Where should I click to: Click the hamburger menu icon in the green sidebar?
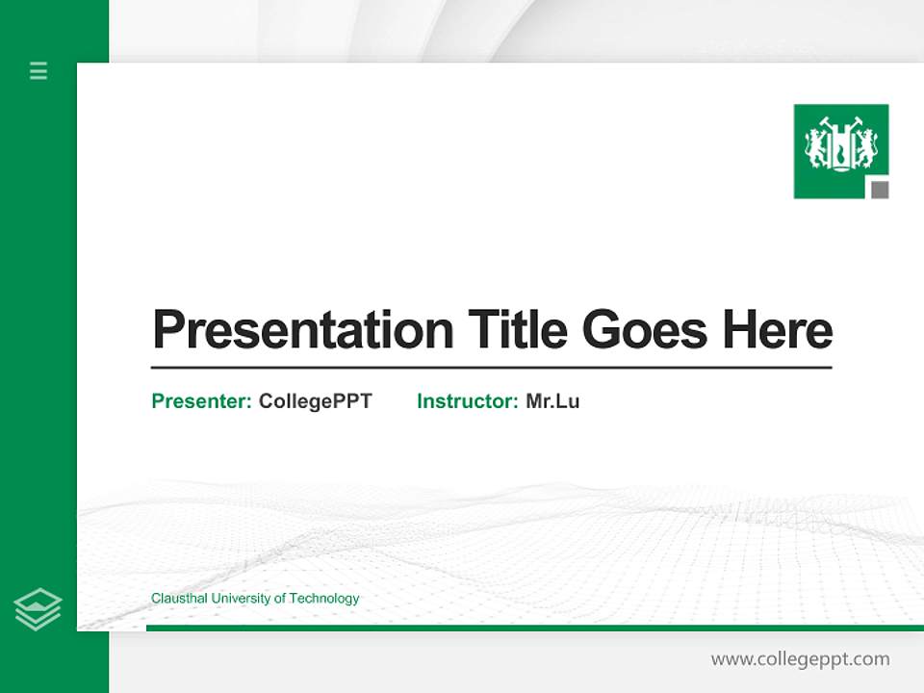click(38, 70)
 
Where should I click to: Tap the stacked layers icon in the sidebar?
click(38, 609)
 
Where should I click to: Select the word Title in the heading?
click(517, 330)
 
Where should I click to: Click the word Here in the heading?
click(777, 330)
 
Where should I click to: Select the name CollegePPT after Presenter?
click(315, 401)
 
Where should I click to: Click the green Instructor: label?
click(468, 401)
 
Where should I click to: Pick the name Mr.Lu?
click(552, 401)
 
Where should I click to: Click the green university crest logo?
click(840, 149)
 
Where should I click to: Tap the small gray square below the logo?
click(880, 190)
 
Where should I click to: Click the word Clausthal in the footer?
click(179, 599)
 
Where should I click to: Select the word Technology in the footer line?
click(324, 599)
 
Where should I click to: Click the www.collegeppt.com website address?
click(800, 659)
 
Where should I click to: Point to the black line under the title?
click(491, 368)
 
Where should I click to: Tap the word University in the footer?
click(241, 599)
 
